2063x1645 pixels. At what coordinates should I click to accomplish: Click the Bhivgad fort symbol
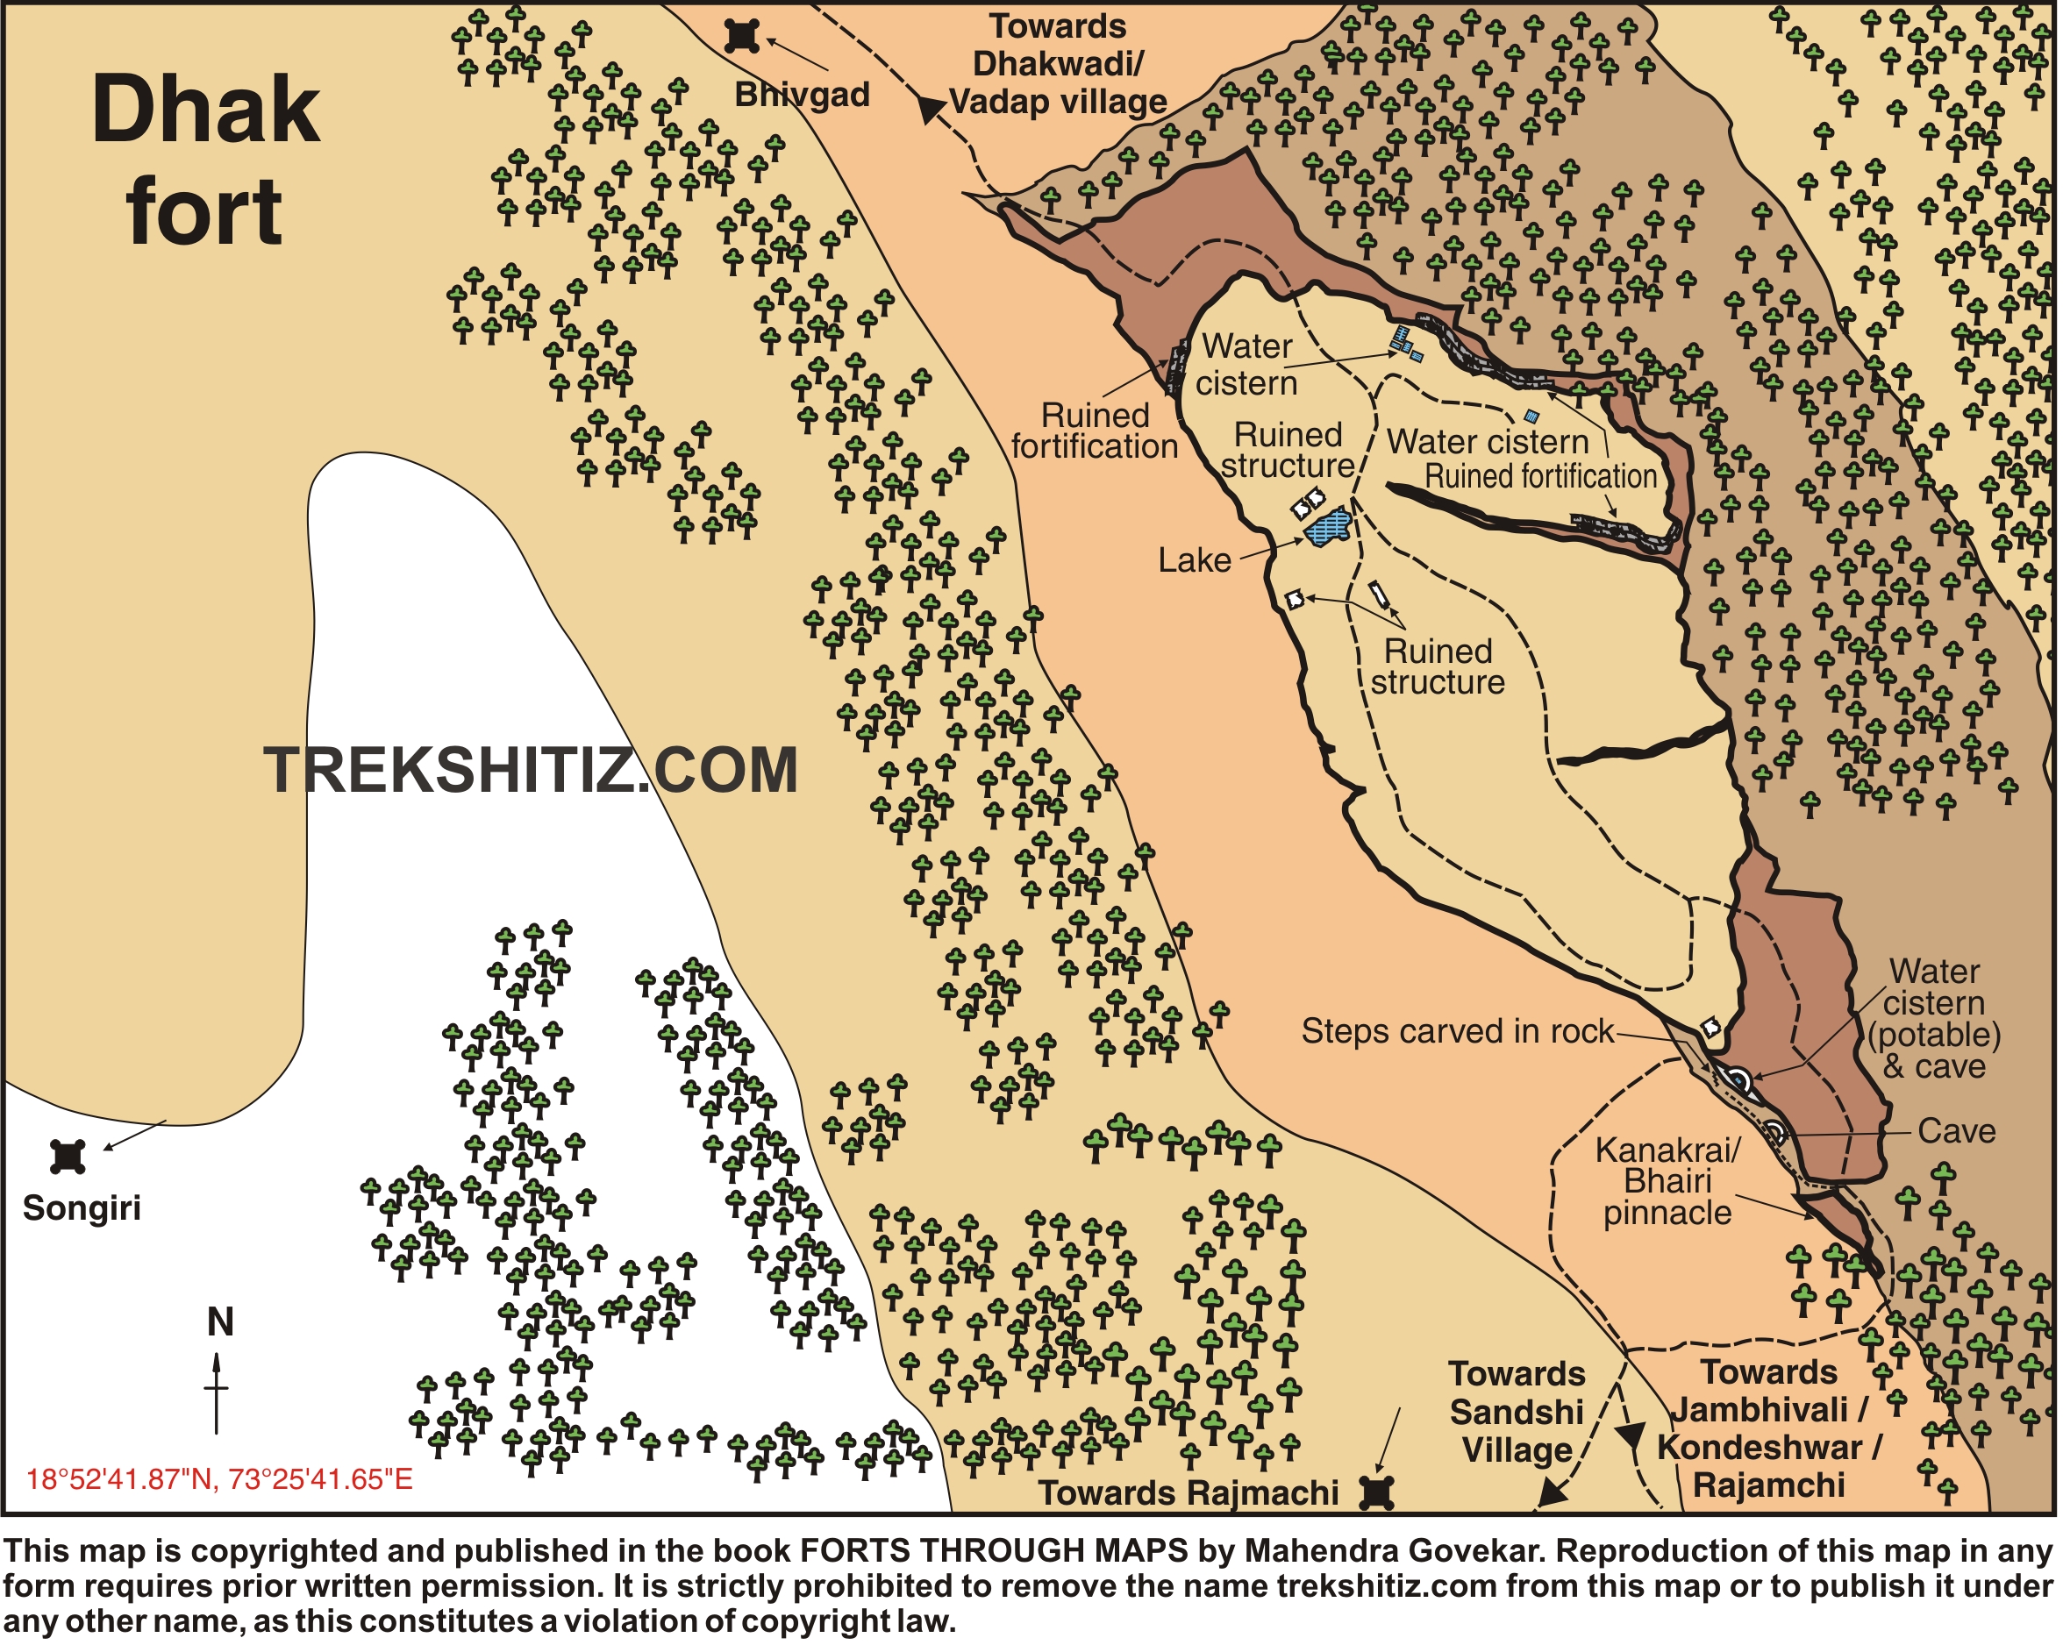pos(741,36)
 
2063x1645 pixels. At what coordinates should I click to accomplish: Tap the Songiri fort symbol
pos(67,1157)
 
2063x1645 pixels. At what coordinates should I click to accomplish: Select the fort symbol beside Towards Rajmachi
pos(1377,1492)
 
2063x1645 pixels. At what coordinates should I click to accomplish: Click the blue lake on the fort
pos(1328,527)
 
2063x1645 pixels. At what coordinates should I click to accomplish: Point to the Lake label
pos(1194,560)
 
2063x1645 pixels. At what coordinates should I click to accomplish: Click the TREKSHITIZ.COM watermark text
pos(531,771)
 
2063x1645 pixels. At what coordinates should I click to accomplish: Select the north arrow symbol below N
pos(217,1392)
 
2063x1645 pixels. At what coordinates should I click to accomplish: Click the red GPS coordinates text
pos(219,1479)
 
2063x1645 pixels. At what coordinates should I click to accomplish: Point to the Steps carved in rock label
pos(1456,1031)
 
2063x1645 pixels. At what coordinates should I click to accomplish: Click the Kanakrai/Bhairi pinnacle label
pos(1667,1181)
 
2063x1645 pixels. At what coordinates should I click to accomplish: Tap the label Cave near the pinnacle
pos(1956,1131)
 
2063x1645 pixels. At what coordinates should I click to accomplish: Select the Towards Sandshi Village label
pos(1517,1412)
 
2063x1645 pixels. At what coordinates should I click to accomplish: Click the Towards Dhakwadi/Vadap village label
pos(1057,64)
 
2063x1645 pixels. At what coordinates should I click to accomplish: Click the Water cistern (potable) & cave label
pos(1934,1019)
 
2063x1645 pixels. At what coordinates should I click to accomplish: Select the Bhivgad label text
pos(802,95)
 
